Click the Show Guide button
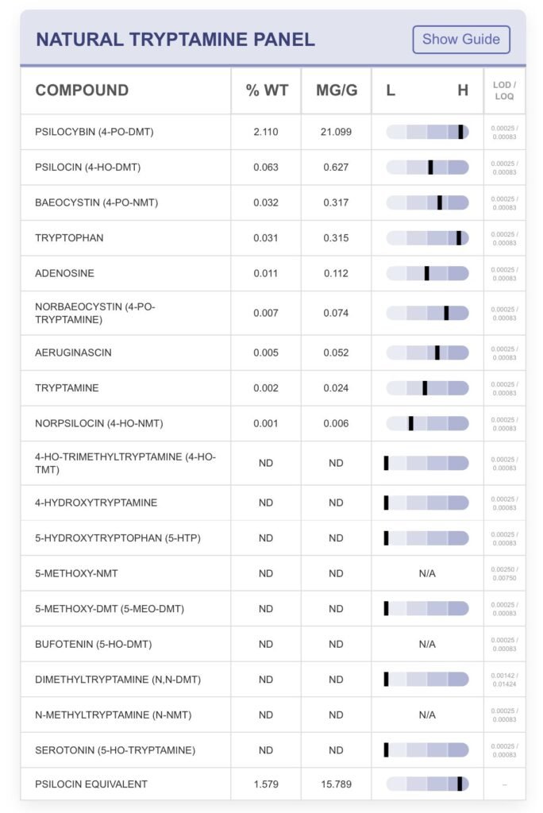461,39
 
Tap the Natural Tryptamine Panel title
175,39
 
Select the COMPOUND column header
82,91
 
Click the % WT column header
266,91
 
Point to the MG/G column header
337,91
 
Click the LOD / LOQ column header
504,91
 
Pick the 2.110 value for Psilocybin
266,132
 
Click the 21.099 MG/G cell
336,132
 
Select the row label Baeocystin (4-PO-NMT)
96,202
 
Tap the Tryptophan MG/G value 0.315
336,238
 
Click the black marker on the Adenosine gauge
426,273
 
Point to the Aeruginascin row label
73,353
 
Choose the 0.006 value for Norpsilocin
336,423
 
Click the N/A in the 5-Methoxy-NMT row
427,573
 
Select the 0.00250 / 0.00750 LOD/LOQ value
504,573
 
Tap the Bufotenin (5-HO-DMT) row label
93,644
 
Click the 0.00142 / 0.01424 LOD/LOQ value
504,679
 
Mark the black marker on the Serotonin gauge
386,749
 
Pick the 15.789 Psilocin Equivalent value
336,784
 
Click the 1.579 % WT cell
266,784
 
